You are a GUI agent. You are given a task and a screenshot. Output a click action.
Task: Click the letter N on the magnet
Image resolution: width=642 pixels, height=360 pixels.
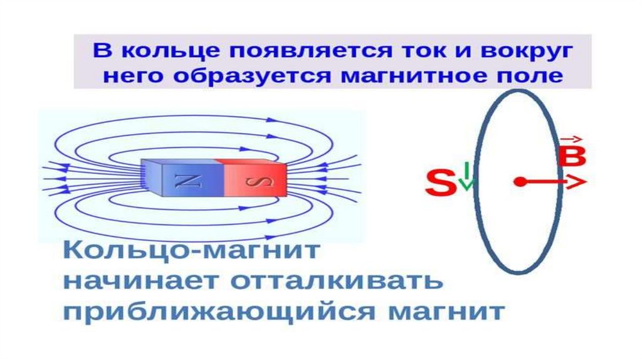[x=187, y=181]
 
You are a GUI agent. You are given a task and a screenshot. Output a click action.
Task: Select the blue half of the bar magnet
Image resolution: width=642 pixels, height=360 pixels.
[x=183, y=177]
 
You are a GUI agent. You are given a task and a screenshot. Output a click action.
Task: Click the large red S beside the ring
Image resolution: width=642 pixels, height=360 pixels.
[x=441, y=183]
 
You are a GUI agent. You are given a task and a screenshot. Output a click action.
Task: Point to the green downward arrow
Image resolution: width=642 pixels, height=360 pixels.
[x=466, y=176]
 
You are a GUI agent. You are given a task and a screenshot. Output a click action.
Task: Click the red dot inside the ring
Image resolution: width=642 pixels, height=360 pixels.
[x=519, y=181]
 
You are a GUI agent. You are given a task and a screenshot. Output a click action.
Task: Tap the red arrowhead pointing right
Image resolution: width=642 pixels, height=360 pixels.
[x=576, y=181]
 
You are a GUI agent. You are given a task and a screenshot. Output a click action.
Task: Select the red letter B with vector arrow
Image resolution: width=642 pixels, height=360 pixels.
[x=572, y=152]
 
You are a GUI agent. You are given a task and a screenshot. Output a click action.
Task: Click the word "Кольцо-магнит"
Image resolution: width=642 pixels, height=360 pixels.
[x=191, y=250]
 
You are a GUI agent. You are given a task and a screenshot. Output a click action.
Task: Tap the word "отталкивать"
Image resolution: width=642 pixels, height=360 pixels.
[x=337, y=281]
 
